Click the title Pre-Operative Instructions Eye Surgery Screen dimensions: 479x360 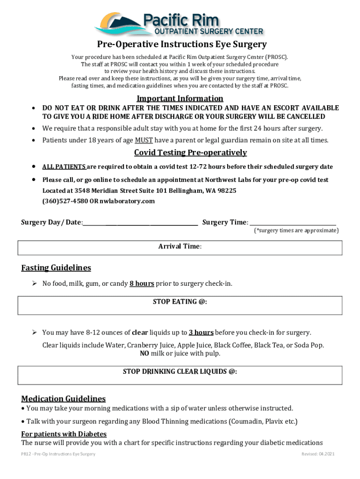[x=182, y=44]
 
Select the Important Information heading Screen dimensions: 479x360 [x=180, y=99]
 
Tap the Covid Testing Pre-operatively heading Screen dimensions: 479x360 [x=190, y=153]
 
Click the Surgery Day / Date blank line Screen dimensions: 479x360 [x=140, y=223]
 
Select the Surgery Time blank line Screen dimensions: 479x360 [x=292, y=223]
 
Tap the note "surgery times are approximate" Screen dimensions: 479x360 [x=296, y=231]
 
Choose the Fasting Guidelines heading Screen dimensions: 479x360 [x=56, y=268]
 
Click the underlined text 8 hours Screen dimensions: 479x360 [x=142, y=283]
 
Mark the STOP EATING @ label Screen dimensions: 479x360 [x=180, y=302]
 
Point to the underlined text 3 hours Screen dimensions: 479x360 [x=201, y=333]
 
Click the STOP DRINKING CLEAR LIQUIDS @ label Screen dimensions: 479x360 [x=180, y=371]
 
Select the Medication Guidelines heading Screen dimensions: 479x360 [x=64, y=399]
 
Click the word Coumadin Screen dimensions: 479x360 [x=244, y=421]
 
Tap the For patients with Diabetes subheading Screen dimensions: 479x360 [x=64, y=434]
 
